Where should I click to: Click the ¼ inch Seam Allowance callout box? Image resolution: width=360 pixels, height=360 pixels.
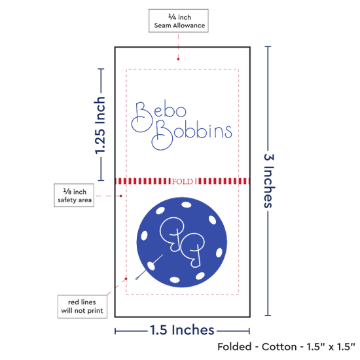(179, 21)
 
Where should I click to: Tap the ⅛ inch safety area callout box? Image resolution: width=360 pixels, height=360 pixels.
(74, 195)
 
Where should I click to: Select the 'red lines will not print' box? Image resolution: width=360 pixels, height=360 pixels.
(82, 306)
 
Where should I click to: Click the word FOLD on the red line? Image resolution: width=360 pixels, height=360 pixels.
(183, 181)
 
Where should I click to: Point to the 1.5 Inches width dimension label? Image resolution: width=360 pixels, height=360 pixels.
(182, 330)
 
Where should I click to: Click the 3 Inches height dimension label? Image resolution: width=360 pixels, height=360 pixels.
(269, 181)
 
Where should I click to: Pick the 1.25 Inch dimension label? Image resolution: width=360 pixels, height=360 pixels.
(100, 126)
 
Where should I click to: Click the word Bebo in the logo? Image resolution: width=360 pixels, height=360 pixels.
(159, 117)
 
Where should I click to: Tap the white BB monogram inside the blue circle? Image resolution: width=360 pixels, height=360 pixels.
(182, 242)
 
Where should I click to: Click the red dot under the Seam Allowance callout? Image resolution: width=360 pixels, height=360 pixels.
(178, 59)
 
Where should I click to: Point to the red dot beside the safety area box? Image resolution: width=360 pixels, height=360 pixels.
(121, 196)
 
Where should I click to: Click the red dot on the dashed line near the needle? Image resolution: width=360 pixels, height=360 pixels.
(126, 279)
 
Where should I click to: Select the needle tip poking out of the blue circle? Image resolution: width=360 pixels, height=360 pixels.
(137, 279)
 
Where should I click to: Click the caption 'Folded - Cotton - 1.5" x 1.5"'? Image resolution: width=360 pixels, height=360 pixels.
(286, 347)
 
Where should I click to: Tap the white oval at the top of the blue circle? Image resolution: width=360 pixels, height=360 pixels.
(186, 205)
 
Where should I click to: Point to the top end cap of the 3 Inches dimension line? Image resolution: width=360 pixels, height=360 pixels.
(268, 46)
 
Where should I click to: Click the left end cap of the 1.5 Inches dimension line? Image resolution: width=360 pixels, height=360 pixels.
(115, 331)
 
